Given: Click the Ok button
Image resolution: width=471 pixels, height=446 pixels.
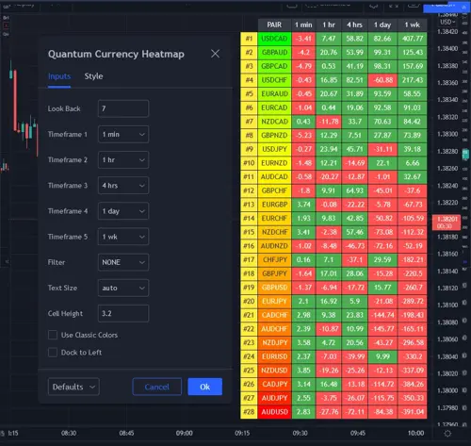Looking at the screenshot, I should (204, 387).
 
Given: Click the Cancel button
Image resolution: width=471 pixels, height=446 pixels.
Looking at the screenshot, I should (156, 387).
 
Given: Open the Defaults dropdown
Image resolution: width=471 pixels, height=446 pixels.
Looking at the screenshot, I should (73, 387).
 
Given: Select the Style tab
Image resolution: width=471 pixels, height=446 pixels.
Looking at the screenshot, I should (93, 76).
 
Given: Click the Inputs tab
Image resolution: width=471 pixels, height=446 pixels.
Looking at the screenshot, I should (58, 76).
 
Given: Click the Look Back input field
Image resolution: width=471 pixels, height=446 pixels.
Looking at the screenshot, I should (122, 108).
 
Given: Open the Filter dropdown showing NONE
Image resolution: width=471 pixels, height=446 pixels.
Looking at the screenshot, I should (122, 261).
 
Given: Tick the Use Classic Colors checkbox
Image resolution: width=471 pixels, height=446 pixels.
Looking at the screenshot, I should (53, 335).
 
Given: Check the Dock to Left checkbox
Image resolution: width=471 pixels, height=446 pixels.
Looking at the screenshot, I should (53, 352).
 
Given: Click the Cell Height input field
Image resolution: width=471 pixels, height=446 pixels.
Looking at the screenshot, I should (122, 311).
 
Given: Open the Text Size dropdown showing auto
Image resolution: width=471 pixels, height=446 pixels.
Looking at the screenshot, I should (122, 287).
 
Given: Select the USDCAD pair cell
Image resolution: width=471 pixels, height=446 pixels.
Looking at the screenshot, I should (274, 39).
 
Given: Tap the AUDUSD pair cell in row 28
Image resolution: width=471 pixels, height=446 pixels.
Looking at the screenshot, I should (274, 411).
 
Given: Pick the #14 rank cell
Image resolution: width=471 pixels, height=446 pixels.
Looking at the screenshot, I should (248, 218).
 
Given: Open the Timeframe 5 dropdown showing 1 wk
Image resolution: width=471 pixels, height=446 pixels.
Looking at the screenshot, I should (122, 236).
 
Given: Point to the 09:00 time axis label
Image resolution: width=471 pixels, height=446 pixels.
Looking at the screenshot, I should (185, 435).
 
